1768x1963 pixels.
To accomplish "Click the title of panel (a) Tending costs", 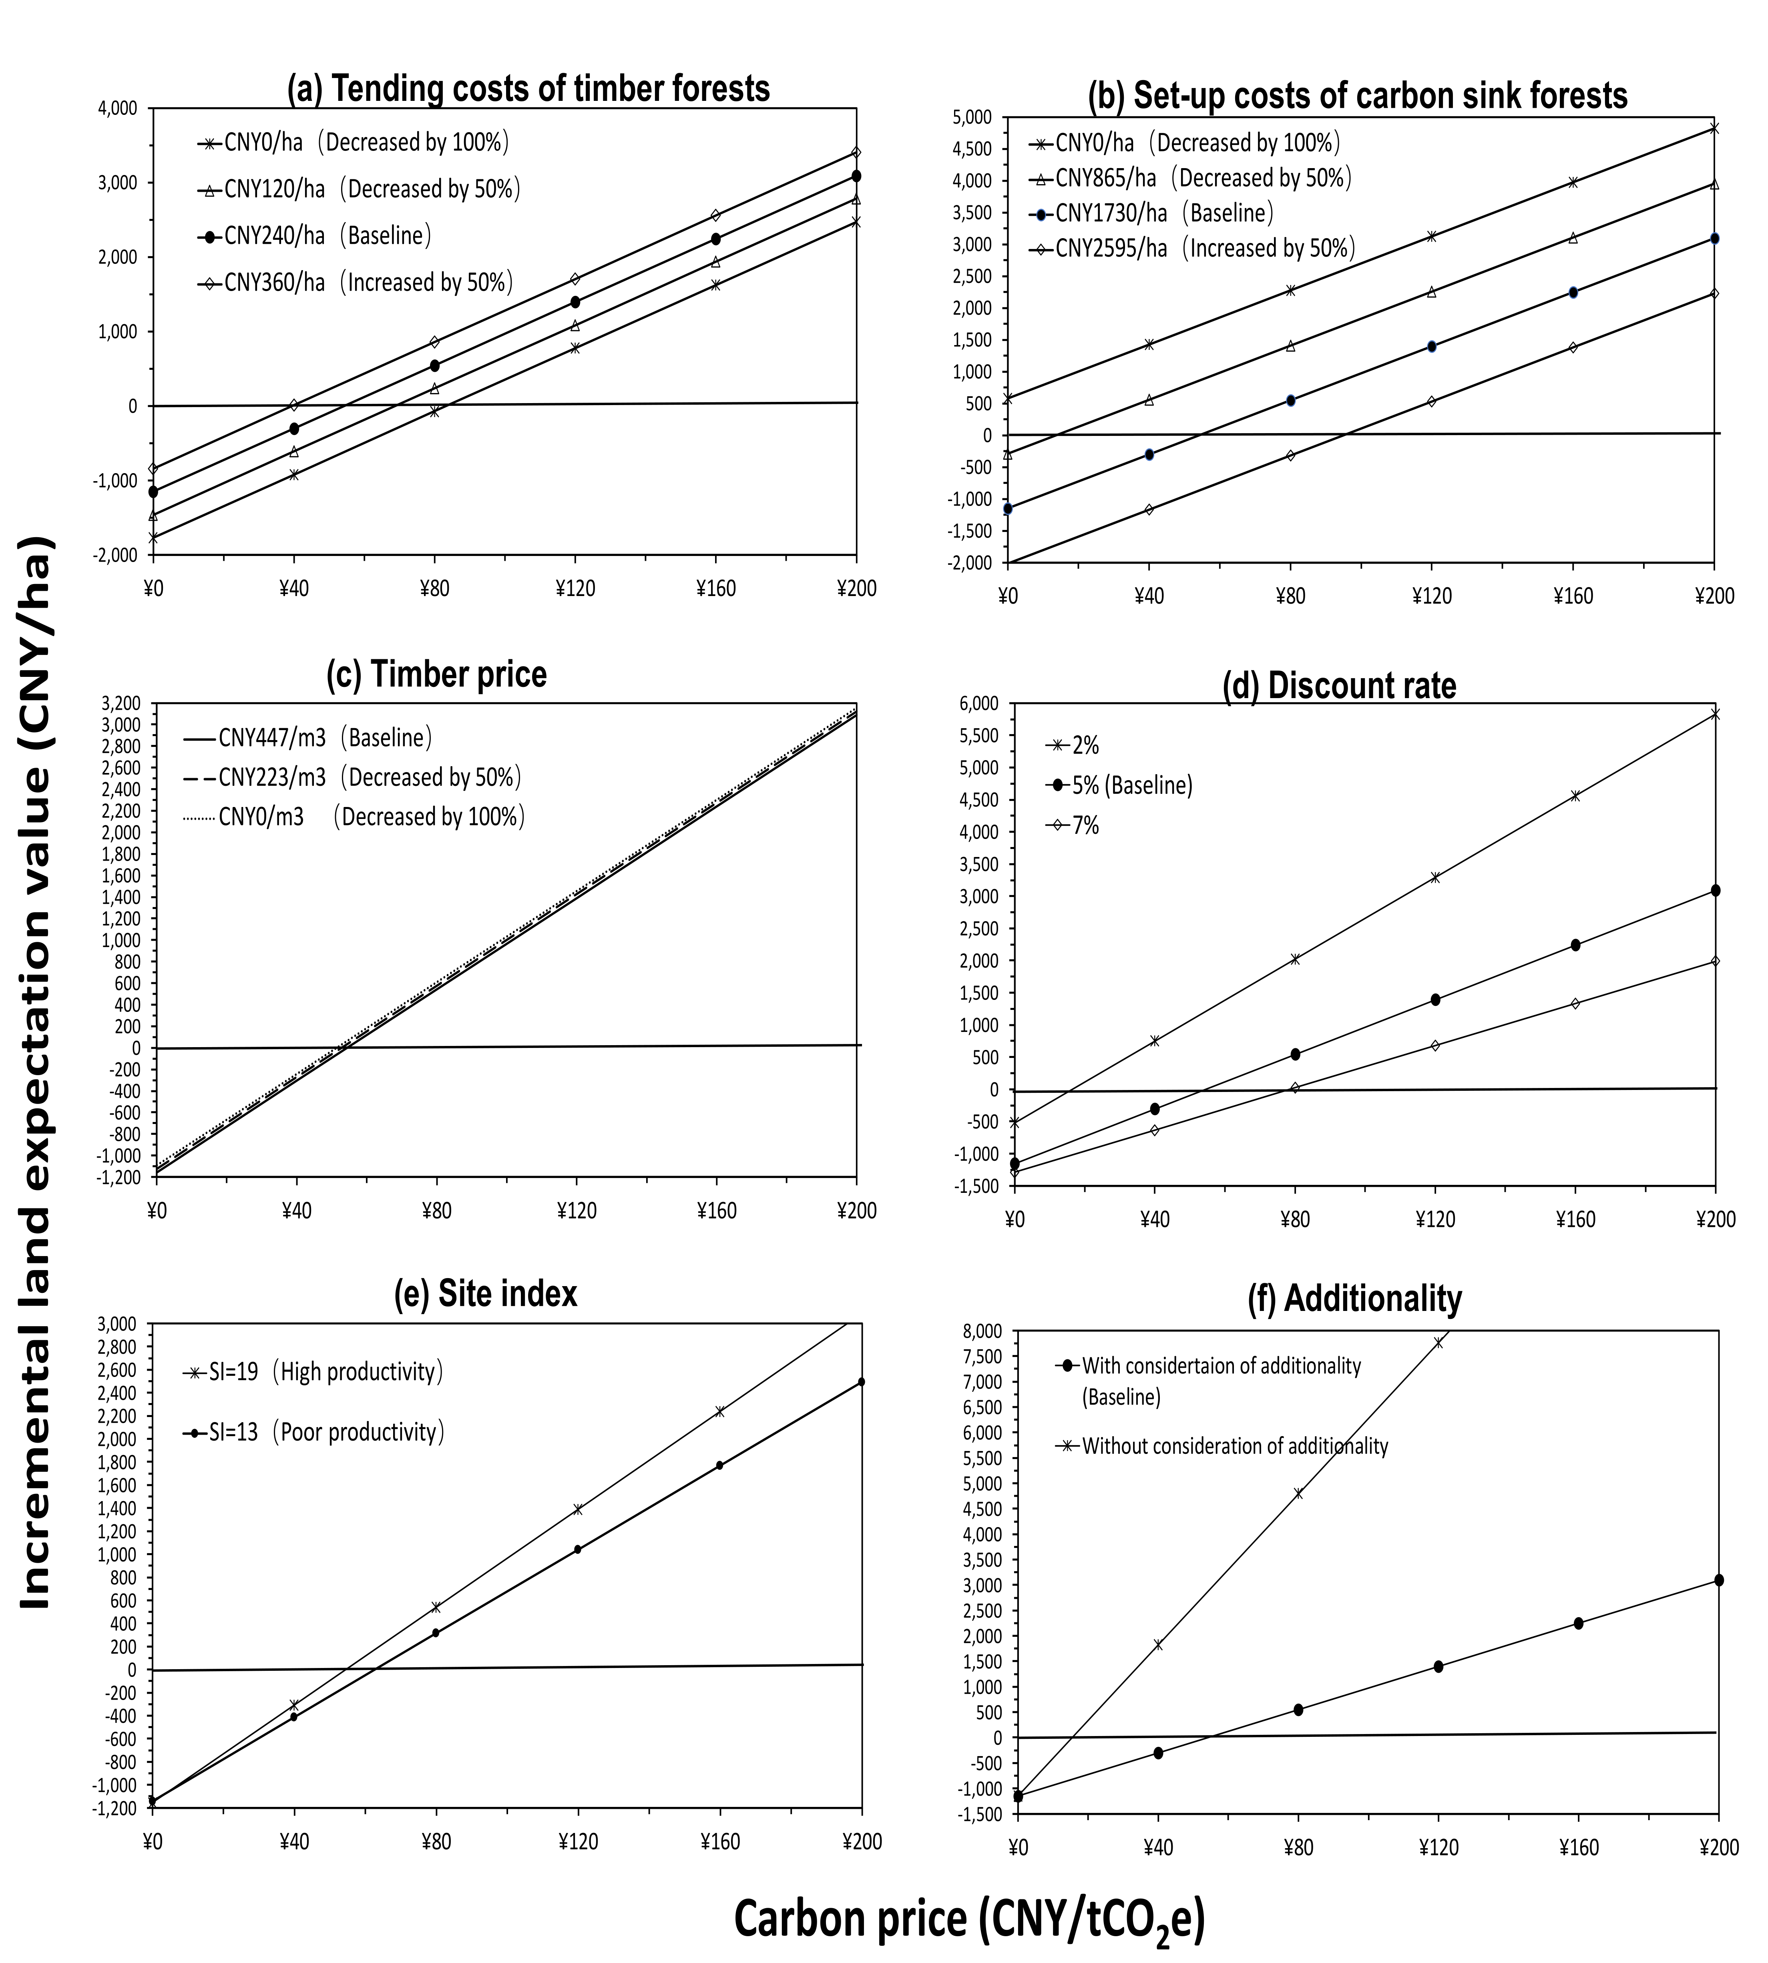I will [528, 88].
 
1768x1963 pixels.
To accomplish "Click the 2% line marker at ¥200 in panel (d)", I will [1715, 714].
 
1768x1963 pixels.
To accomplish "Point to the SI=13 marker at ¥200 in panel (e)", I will [861, 1381].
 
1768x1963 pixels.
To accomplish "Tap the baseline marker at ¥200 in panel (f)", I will [1718, 1580].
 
